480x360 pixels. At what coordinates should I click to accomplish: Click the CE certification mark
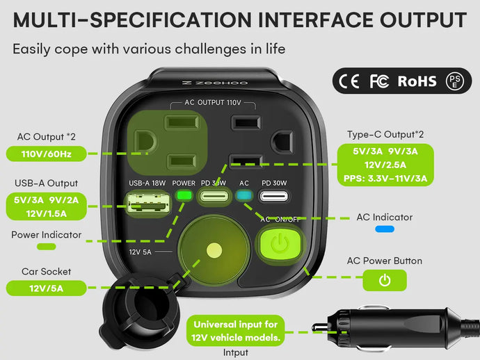(349, 81)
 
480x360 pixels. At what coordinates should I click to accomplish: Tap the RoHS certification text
(417, 81)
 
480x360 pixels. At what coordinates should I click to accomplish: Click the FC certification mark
(379, 81)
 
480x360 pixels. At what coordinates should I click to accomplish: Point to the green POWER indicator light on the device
(184, 195)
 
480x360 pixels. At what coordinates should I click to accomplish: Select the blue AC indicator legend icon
(385, 228)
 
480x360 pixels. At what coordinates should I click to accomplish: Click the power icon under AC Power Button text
(384, 280)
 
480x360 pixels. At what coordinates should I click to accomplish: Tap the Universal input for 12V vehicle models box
(236, 331)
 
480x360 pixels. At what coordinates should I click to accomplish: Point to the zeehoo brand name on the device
(205, 82)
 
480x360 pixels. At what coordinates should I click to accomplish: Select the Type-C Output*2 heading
(385, 133)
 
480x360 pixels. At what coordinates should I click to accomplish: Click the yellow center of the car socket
(214, 250)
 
